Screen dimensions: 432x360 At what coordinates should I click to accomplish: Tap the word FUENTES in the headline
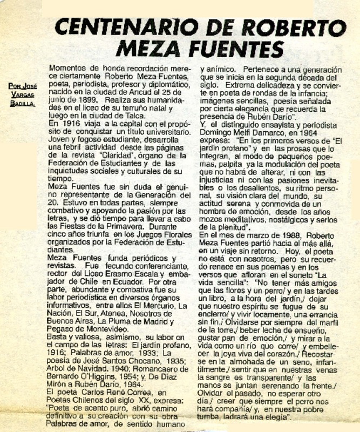238,50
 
